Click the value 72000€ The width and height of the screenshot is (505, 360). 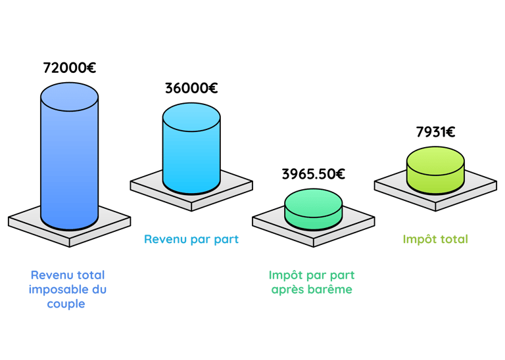pos(69,68)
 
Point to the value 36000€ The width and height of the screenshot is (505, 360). pos(191,87)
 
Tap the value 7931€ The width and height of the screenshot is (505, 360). pos(436,131)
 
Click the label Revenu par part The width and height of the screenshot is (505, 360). pos(191,240)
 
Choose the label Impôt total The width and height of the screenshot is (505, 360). pos(435,240)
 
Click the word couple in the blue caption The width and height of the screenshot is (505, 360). pos(66,305)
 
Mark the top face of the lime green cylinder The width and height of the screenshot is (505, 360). pos(435,159)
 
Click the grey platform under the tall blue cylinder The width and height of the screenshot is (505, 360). pos(26,221)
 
